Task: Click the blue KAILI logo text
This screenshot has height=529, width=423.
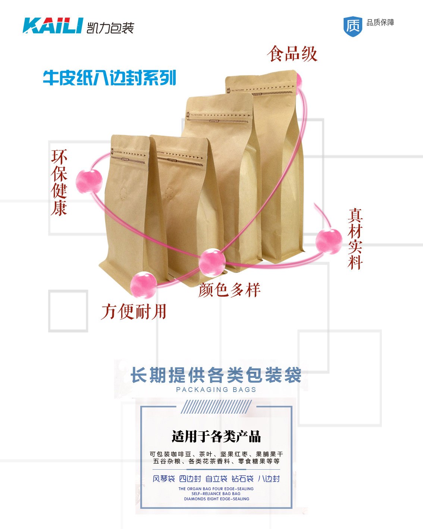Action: click(x=53, y=25)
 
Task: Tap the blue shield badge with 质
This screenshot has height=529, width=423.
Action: click(x=352, y=26)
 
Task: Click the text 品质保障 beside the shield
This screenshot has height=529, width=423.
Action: click(x=380, y=23)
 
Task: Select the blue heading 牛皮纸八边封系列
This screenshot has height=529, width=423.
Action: click(x=109, y=78)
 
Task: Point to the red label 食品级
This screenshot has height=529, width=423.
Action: click(x=292, y=54)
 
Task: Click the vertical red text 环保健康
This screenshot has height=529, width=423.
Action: click(x=59, y=183)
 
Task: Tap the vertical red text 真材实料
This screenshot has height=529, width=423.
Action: click(x=355, y=239)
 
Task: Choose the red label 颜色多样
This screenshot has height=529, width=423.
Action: click(x=229, y=290)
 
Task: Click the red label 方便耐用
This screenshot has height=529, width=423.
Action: click(x=134, y=311)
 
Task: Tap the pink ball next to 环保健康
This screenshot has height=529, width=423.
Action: click(x=89, y=181)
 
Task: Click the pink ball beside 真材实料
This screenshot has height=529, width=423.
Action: click(x=329, y=242)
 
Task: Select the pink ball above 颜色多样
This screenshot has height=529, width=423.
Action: click(x=212, y=262)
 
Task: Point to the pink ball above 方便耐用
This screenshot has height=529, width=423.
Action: click(x=143, y=285)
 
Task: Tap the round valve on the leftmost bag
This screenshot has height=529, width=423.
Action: click(x=123, y=193)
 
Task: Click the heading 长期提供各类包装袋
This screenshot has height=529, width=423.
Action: click(x=216, y=375)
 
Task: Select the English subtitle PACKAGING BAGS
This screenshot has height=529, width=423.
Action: click(x=216, y=390)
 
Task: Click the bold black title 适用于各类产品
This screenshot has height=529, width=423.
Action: click(x=216, y=436)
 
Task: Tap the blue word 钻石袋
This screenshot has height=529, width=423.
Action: click(x=242, y=479)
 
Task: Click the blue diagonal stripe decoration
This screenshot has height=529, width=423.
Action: click(x=216, y=407)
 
